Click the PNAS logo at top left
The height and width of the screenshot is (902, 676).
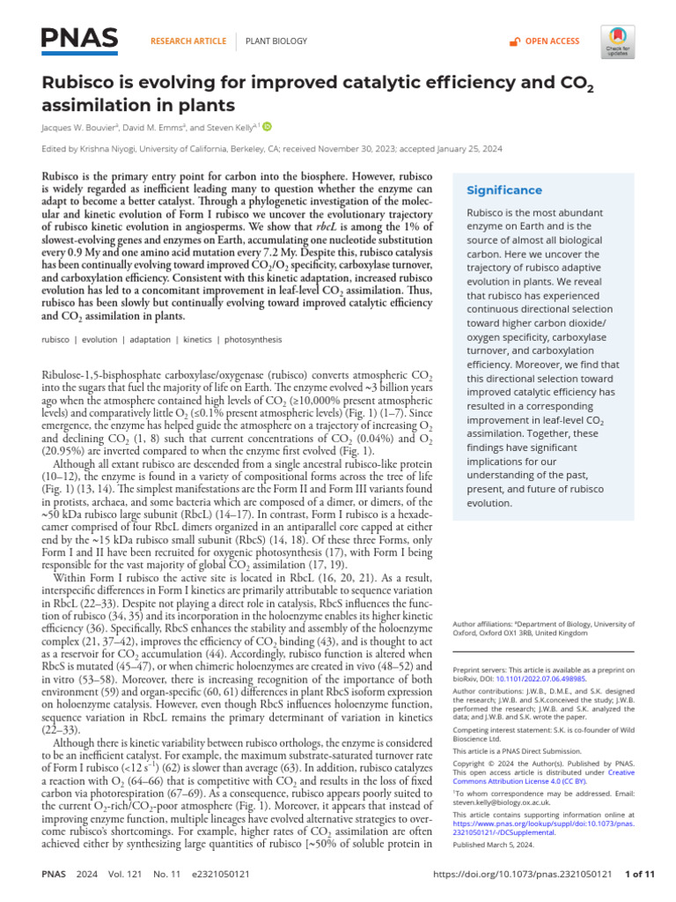coord(80,40)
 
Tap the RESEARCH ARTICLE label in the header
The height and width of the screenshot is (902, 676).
coord(188,41)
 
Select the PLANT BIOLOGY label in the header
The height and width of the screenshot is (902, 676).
coord(276,41)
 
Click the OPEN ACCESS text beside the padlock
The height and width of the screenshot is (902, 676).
coord(552,41)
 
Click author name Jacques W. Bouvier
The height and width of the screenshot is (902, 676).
coord(80,127)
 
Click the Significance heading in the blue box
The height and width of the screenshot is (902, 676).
coord(504,190)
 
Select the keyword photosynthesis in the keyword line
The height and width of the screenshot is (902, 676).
coord(229,339)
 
